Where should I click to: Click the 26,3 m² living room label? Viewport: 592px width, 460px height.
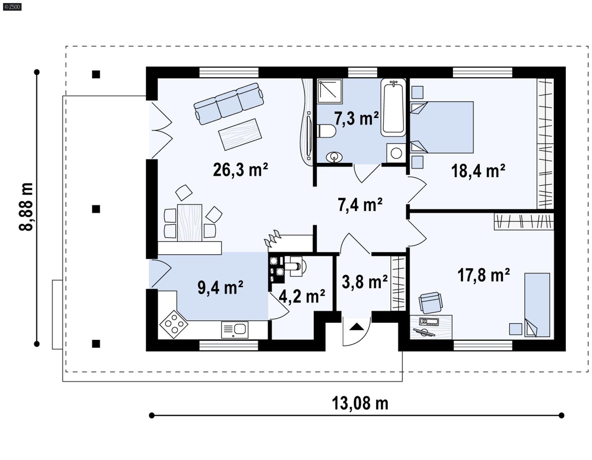coord(240,170)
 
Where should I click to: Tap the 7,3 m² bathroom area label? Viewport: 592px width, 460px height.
coord(356,119)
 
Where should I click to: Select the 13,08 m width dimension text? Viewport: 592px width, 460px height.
coord(360,403)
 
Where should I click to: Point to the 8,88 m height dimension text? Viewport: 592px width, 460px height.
coord(27,207)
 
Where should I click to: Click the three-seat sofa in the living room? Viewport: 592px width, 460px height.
coord(229,103)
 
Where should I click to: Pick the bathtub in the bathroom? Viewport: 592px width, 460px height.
coord(393,108)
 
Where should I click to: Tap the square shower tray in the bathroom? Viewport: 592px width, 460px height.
coord(330,91)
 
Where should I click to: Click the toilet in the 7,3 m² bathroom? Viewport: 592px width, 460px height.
coord(326,131)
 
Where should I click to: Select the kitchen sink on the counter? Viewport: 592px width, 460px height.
coord(235,329)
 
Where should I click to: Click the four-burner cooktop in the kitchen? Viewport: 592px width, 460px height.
coord(174,324)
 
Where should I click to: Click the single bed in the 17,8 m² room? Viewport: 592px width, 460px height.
coord(537,305)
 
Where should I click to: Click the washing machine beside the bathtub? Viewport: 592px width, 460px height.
coord(396,153)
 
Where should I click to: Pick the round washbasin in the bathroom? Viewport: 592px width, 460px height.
coord(334,157)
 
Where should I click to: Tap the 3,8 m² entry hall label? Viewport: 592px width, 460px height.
coord(364,282)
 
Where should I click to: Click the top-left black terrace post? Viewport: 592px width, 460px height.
coord(96,75)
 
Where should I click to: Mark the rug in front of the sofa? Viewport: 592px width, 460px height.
coord(240,134)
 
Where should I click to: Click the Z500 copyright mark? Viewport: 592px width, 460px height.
coord(12,6)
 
